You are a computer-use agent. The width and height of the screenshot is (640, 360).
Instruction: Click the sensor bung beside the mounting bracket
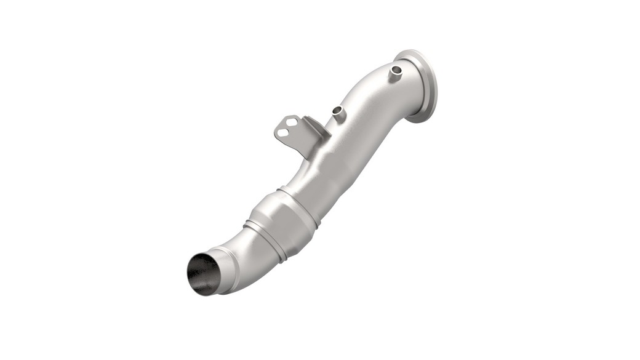coord(338,114)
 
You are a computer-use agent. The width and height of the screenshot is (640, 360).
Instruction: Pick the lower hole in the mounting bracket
coord(282,132)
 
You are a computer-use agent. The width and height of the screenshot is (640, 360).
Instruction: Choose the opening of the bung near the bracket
coord(338,110)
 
